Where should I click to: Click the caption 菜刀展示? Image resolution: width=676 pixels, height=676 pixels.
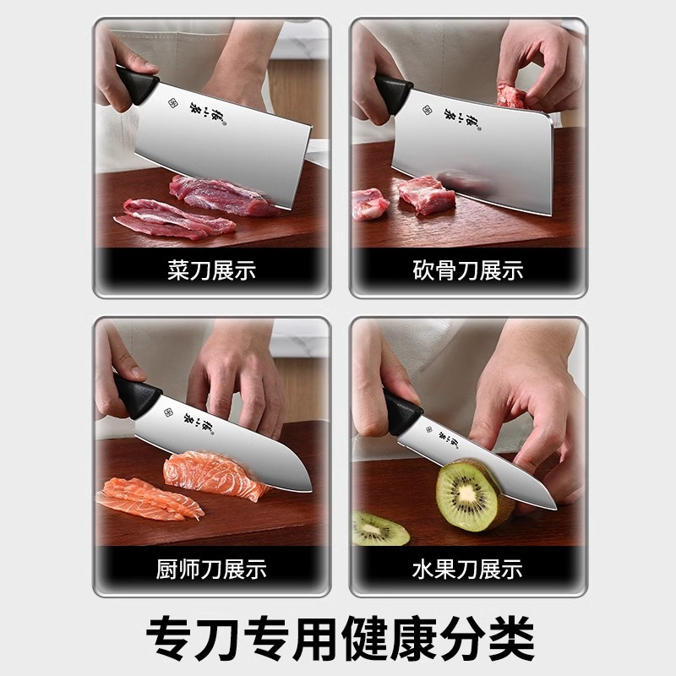click(x=211, y=270)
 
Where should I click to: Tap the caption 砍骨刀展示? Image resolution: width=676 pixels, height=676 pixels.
click(x=467, y=270)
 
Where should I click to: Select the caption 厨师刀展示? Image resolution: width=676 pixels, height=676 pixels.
click(x=211, y=569)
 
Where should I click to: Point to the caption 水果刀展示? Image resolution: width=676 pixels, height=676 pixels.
click(x=467, y=569)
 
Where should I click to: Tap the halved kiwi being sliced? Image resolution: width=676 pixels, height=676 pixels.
click(x=468, y=493)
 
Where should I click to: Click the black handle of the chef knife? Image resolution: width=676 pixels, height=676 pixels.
click(x=137, y=394)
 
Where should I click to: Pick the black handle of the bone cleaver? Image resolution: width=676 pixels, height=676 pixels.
click(x=393, y=93)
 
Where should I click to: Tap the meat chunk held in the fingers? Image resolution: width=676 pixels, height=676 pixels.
click(x=510, y=95)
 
